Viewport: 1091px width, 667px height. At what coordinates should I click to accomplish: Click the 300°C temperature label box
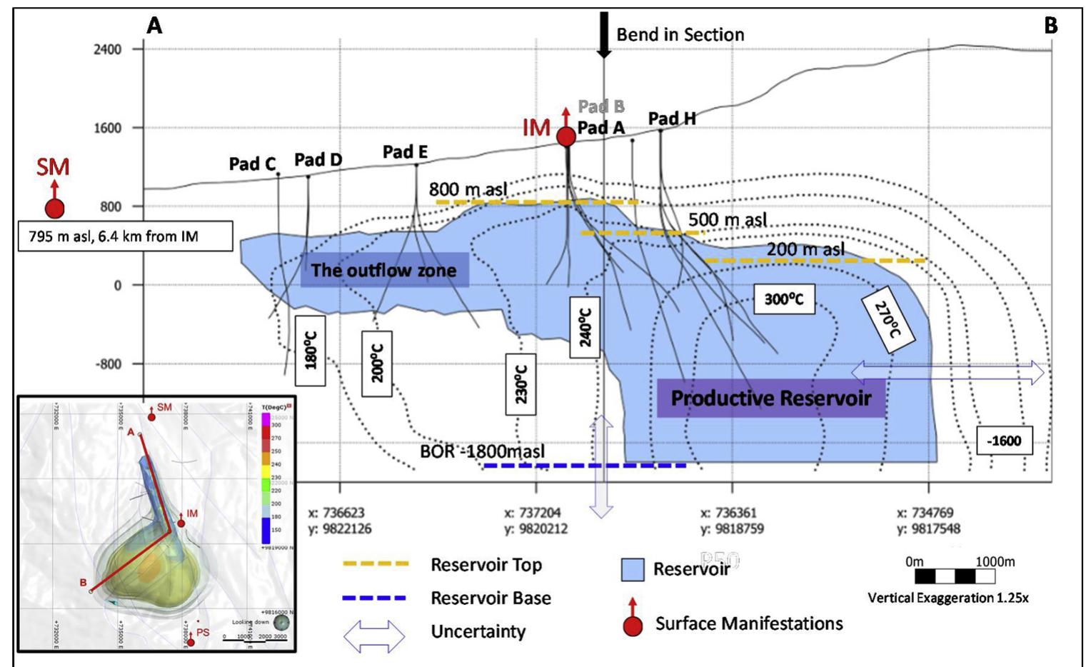784,299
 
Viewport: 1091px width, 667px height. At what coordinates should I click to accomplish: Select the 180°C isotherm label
311,350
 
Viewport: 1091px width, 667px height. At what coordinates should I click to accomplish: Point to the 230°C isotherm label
521,383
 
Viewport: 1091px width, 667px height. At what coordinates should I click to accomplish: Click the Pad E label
405,152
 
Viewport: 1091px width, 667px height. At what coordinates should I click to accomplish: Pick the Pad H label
671,119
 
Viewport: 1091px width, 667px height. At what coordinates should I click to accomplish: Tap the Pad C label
252,164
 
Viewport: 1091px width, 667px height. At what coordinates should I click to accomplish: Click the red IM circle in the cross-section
566,136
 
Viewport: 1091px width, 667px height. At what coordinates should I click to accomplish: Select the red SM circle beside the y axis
55,208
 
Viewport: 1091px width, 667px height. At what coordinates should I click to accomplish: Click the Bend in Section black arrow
604,34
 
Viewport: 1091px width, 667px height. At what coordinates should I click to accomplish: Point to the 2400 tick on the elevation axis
107,49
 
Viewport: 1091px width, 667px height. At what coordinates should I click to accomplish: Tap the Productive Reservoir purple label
770,398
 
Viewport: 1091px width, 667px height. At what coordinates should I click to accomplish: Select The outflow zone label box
384,271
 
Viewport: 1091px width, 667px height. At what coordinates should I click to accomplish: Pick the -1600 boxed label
1004,441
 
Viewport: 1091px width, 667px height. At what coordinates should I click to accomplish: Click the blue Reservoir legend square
633,569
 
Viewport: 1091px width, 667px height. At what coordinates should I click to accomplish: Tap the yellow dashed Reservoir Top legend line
376,564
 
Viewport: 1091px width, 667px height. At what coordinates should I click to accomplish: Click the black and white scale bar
954,576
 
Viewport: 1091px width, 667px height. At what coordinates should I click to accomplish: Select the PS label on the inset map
203,633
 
